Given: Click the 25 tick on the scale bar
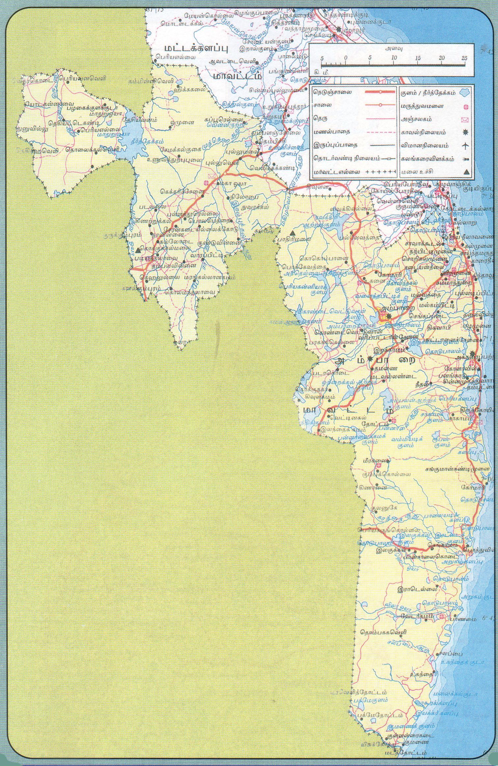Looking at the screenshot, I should [465, 58].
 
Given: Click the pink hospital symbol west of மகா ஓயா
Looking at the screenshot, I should [207, 183].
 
